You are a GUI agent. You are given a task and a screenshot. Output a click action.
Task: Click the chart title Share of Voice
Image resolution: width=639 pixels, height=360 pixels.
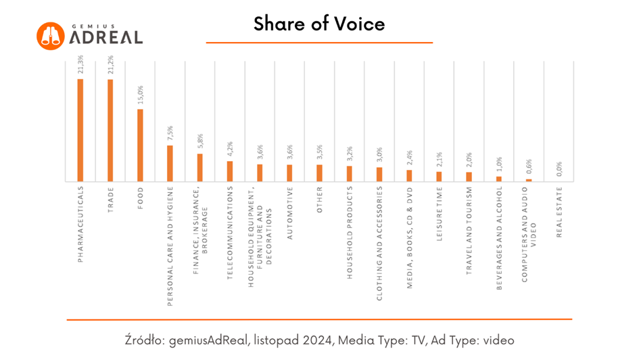[319, 24]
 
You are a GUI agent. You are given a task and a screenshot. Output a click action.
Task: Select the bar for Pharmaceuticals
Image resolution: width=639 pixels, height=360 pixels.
[80, 130]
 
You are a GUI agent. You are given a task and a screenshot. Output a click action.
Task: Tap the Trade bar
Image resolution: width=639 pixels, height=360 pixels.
[110, 130]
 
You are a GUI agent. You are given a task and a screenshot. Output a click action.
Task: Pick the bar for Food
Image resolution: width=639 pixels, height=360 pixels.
[140, 145]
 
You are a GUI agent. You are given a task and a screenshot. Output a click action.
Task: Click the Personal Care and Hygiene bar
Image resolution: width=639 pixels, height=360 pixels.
[170, 163]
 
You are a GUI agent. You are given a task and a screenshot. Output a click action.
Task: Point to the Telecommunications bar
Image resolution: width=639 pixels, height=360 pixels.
[230, 171]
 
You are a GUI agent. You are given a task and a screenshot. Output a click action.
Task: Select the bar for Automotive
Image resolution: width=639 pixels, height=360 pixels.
[289, 173]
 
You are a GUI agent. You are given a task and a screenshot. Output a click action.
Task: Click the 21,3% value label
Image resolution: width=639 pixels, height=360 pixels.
[80, 66]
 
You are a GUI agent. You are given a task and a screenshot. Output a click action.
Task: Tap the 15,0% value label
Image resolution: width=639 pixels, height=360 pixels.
[140, 95]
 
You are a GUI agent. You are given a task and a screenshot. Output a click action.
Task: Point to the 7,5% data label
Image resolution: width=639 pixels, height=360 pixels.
[170, 133]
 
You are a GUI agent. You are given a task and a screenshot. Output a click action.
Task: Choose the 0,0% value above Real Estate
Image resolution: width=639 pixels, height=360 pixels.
[559, 168]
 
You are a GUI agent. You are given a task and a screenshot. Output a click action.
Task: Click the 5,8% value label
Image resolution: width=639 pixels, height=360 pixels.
[200, 141]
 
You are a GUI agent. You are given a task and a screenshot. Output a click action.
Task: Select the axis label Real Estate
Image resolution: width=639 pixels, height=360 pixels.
[559, 212]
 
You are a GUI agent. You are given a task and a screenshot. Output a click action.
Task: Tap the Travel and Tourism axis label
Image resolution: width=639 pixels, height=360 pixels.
[469, 229]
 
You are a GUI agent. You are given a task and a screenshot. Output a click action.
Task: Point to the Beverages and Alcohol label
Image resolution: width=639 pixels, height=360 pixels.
[499, 238]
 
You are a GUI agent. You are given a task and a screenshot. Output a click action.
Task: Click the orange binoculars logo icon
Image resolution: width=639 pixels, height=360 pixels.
[50, 35]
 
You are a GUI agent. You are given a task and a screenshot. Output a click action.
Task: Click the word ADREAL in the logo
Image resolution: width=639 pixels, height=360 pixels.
[106, 37]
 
